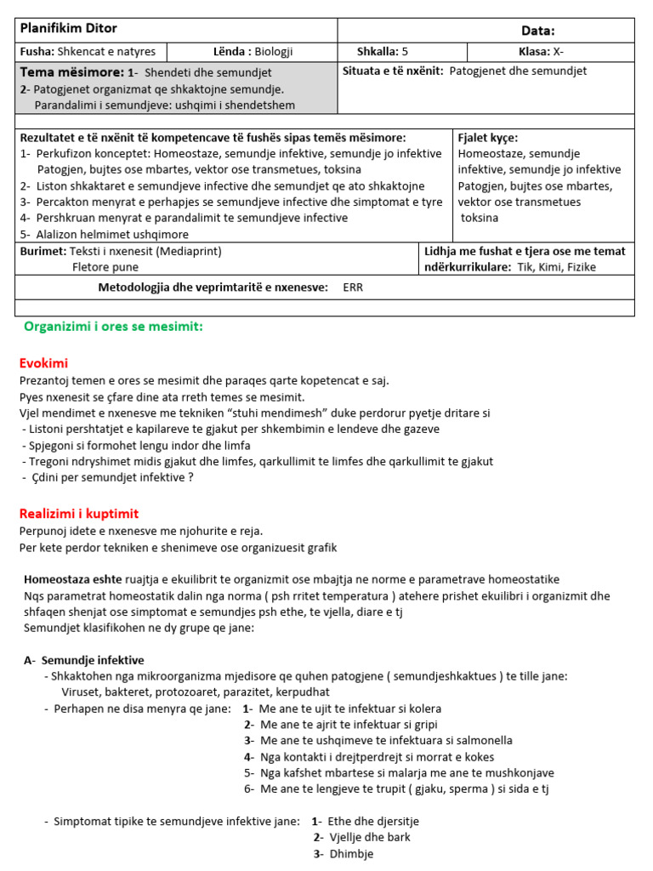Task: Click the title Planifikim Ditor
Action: point(69,29)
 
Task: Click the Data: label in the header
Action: point(536,31)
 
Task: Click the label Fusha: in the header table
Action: point(37,51)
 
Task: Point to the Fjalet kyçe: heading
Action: point(487,138)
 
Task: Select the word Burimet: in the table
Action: point(43,251)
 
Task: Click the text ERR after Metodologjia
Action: point(353,287)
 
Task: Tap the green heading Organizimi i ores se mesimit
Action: point(113,327)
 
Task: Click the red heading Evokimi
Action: point(43,363)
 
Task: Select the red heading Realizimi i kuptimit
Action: point(78,514)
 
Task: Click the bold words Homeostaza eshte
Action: point(73,579)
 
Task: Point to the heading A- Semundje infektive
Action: point(83,660)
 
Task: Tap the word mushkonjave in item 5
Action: point(522,773)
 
